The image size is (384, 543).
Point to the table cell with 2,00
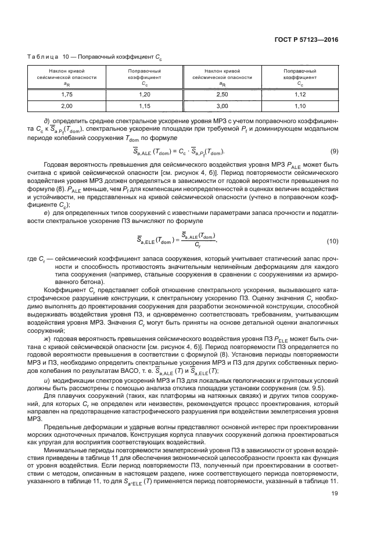[67, 106]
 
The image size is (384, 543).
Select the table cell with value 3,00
[221, 106]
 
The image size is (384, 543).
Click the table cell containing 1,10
[299, 106]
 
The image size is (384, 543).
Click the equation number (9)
[334, 152]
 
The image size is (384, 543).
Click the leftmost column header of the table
[67, 76]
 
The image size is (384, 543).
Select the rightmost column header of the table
[299, 76]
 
